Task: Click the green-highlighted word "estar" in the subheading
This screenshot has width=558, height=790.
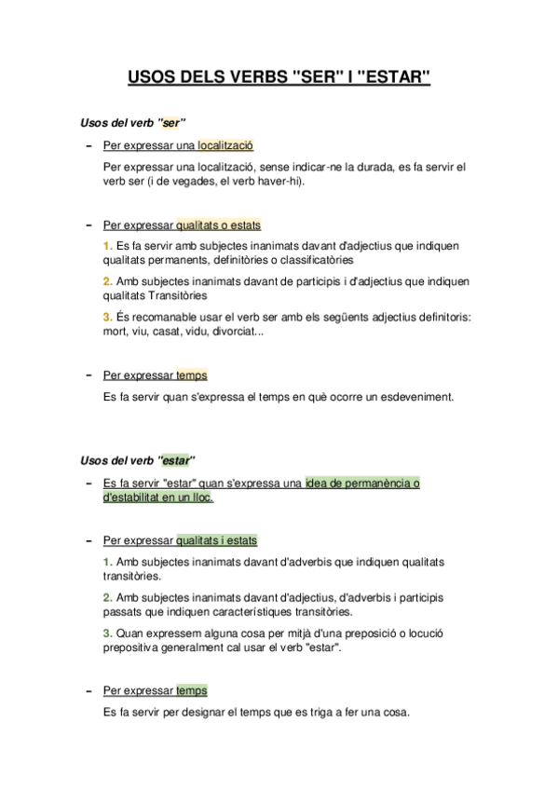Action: click(x=175, y=459)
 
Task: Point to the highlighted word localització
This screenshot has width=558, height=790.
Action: click(x=225, y=145)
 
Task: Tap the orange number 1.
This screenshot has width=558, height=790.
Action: click(x=107, y=246)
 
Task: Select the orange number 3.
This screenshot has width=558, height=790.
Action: click(x=107, y=317)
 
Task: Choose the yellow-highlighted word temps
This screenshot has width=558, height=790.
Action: click(x=191, y=375)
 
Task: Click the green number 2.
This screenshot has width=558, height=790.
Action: click(x=107, y=597)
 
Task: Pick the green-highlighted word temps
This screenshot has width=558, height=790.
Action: click(x=191, y=690)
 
